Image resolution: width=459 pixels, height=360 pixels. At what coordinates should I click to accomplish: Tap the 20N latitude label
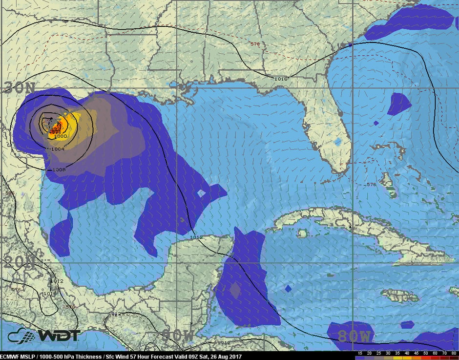18,262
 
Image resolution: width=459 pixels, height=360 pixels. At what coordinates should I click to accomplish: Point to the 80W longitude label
356,336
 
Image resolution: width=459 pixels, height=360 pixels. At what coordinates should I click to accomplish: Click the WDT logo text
58,336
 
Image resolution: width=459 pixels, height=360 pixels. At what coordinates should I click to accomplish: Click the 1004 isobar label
57,149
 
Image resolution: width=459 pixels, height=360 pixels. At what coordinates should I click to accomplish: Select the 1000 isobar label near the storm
60,136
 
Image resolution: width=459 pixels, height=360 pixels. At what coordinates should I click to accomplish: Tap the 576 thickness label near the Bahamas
372,184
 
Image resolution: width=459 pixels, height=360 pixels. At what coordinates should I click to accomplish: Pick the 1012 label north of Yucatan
197,237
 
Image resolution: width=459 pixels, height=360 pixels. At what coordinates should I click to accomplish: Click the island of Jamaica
399,296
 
